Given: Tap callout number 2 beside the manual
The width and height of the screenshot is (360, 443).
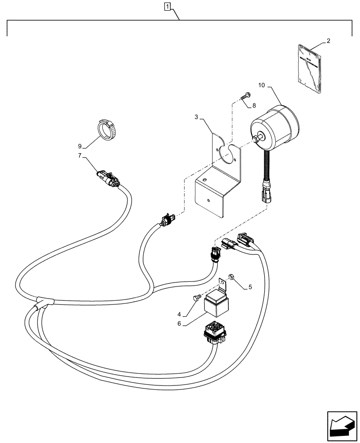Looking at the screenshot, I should [x=328, y=41].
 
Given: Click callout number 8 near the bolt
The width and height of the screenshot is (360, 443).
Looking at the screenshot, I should [x=254, y=106].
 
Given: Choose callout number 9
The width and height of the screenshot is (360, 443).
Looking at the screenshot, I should [x=80, y=146].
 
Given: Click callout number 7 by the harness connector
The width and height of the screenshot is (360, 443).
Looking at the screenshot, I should [x=80, y=155].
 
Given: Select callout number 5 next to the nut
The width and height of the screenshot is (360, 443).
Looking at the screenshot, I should [x=250, y=287].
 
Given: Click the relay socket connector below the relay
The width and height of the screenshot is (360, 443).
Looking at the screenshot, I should [x=214, y=334].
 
